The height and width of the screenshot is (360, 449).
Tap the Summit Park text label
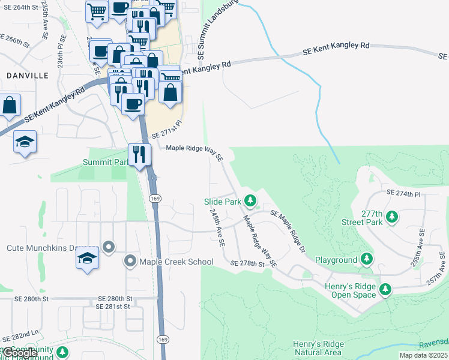pos(105,162)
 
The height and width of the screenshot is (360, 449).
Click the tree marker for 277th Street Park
pos(393,216)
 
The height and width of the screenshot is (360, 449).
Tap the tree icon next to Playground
pos(366,259)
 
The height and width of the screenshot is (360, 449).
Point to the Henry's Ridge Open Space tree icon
pos(385,290)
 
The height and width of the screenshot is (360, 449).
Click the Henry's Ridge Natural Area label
pos(318,348)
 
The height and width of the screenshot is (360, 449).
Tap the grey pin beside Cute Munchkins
pos(108,247)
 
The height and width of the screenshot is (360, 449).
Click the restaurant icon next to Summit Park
pos(139,154)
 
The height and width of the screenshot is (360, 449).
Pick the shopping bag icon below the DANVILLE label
pos(10,106)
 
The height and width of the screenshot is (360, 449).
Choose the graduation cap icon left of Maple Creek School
pos(87,258)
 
